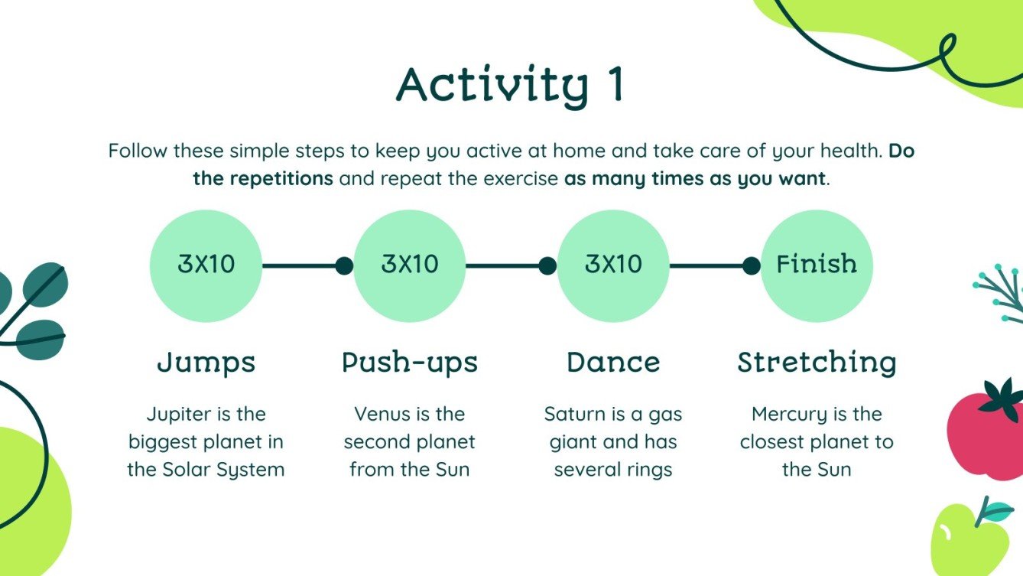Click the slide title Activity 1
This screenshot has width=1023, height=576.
(510, 86)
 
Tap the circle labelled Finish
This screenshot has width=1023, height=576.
(817, 266)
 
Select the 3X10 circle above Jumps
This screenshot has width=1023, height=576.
(206, 266)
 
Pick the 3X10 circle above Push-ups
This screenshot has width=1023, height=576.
(410, 266)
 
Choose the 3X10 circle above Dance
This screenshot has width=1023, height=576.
(613, 266)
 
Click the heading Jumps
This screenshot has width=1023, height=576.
(206, 363)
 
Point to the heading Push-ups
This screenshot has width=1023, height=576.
(410, 363)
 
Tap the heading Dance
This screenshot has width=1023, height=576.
(613, 363)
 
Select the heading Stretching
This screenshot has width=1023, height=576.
(817, 363)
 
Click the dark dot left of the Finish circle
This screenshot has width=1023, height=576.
(752, 266)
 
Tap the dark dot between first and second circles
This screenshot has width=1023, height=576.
(344, 266)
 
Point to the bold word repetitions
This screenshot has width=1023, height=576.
(281, 178)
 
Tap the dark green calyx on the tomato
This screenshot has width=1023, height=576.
(1003, 399)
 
